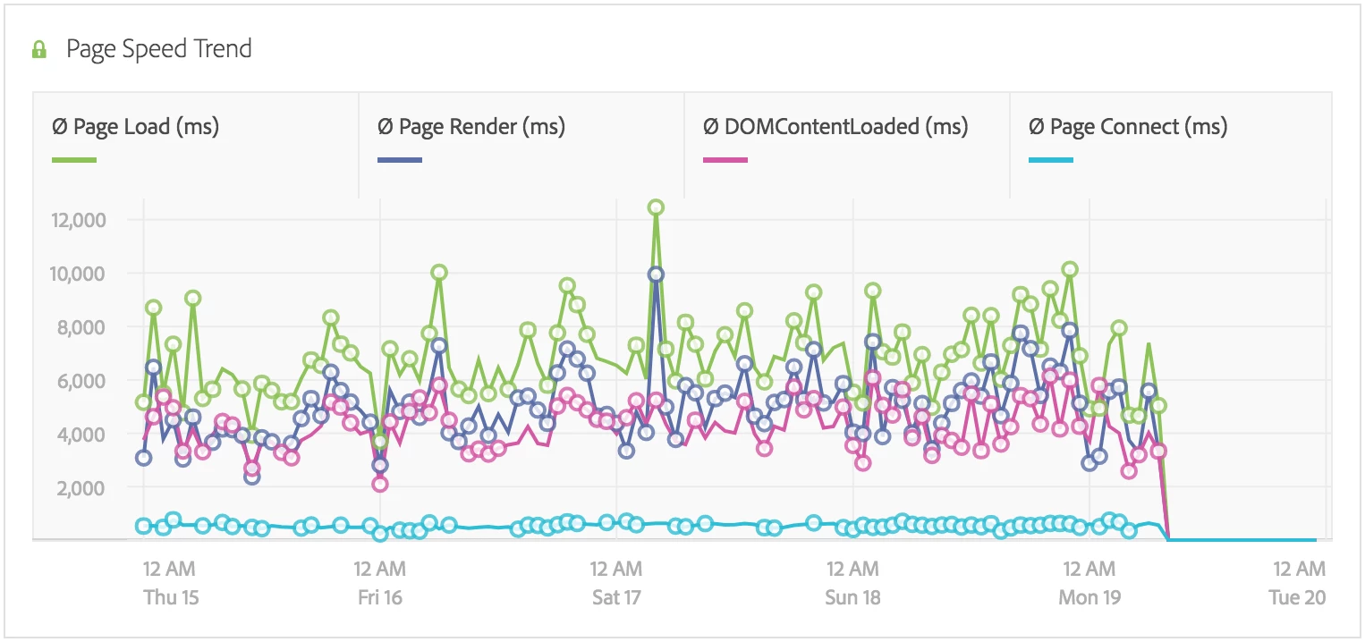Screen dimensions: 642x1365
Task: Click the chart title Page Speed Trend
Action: pos(158,48)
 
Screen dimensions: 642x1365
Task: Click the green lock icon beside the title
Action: pos(39,50)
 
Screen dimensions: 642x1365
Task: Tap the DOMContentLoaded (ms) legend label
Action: pos(835,127)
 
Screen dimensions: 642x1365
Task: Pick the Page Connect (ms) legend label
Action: pos(1128,127)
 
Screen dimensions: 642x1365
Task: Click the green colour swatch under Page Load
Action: pos(74,161)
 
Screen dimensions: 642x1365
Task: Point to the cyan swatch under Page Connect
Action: pos(1051,161)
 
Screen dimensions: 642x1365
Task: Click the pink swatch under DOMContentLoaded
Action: pos(725,161)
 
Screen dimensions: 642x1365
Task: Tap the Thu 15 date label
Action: pos(171,596)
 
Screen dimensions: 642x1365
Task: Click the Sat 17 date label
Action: pos(616,596)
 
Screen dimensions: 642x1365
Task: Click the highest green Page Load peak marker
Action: pos(656,207)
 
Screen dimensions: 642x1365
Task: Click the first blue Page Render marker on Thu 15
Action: pos(143,458)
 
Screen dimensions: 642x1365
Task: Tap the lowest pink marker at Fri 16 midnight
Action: pos(380,484)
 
